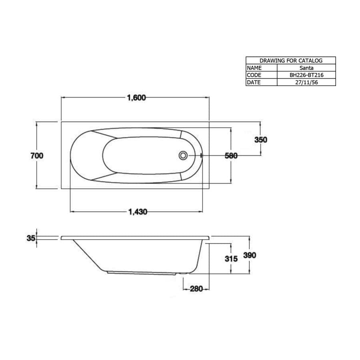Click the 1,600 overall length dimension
click(136, 98)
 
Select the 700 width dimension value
click(37, 156)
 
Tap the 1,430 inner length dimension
click(138, 212)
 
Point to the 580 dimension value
click(231, 156)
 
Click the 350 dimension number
click(261, 140)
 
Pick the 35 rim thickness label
click(31, 238)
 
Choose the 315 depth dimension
click(231, 259)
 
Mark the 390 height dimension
click(250, 255)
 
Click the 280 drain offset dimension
click(196, 288)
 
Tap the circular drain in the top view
click(183, 156)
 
